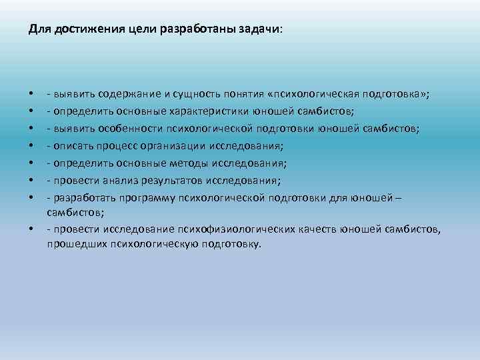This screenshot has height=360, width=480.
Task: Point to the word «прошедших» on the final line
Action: (71, 243)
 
